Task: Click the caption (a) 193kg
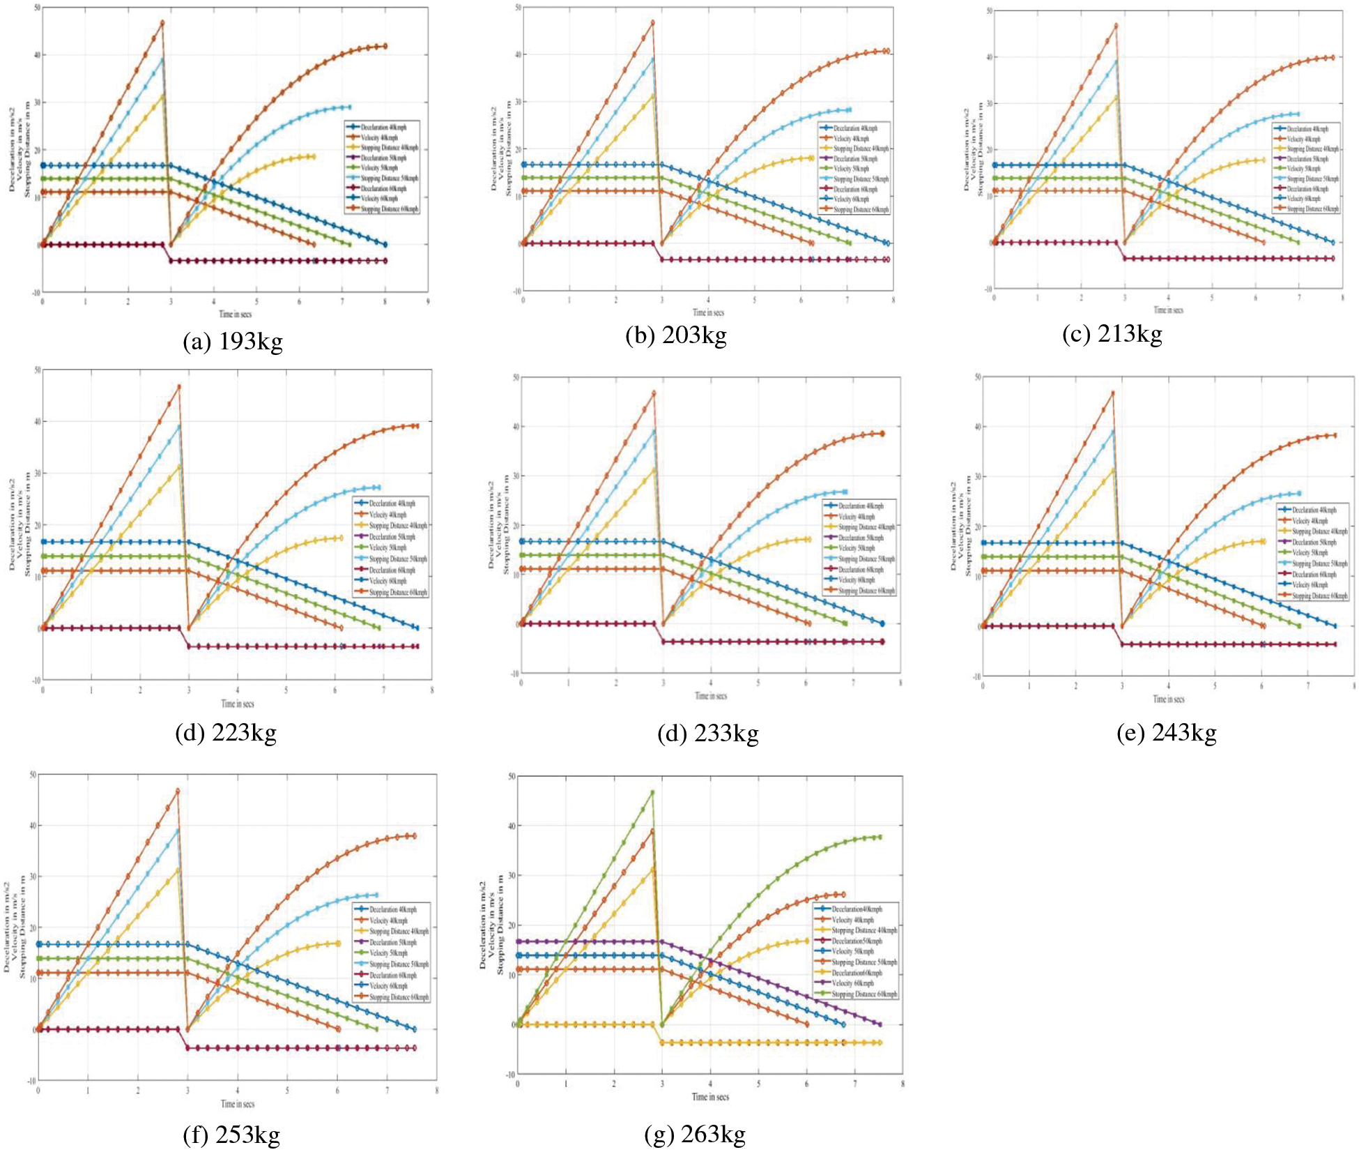[x=233, y=342]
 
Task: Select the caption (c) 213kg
[x=1112, y=334]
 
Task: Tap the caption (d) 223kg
[x=226, y=733]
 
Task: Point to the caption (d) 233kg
[x=707, y=734]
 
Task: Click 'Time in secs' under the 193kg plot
[x=236, y=314]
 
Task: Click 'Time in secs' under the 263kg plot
[x=710, y=1097]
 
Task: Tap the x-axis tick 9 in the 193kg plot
[x=428, y=301]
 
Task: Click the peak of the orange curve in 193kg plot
[x=162, y=23]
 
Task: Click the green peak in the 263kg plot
[x=652, y=792]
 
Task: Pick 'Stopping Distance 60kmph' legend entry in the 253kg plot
[x=399, y=997]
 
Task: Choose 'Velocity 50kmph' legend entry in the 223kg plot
[x=388, y=547]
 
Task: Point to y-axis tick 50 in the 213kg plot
[x=989, y=10]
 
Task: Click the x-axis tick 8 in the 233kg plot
[x=900, y=683]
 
